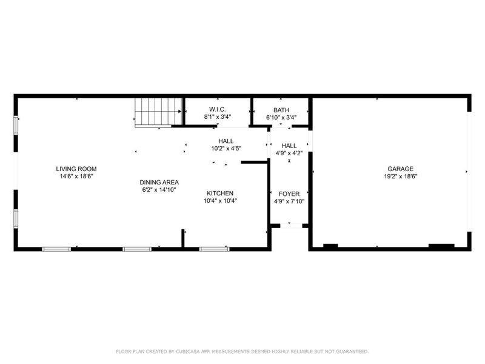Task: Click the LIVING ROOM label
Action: [76, 169]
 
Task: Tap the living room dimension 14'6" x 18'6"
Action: [76, 176]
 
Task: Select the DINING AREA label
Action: [159, 182]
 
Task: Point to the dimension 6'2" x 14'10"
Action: [159, 189]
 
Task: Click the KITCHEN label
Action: [219, 193]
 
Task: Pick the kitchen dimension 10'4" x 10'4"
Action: [219, 200]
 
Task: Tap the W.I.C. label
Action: [217, 110]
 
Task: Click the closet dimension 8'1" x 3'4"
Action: [217, 117]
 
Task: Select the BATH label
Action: [281, 110]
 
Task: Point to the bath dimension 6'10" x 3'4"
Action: [281, 117]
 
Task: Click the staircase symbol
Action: [158, 113]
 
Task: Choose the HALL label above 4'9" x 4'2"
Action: [289, 146]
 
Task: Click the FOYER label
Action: [289, 194]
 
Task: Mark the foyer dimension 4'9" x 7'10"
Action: [289, 201]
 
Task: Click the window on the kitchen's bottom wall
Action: [214, 248]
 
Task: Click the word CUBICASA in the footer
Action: [189, 351]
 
